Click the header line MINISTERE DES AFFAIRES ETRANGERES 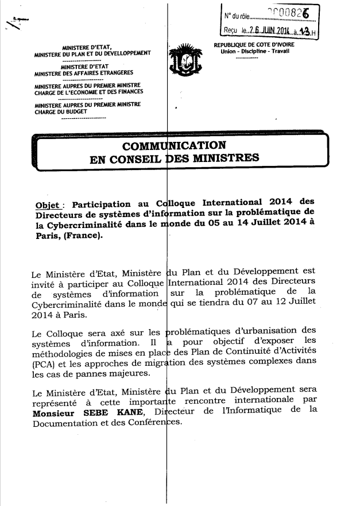point(83,74)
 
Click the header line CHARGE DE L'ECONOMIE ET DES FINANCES point(88,92)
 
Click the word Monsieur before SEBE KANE point(56,412)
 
